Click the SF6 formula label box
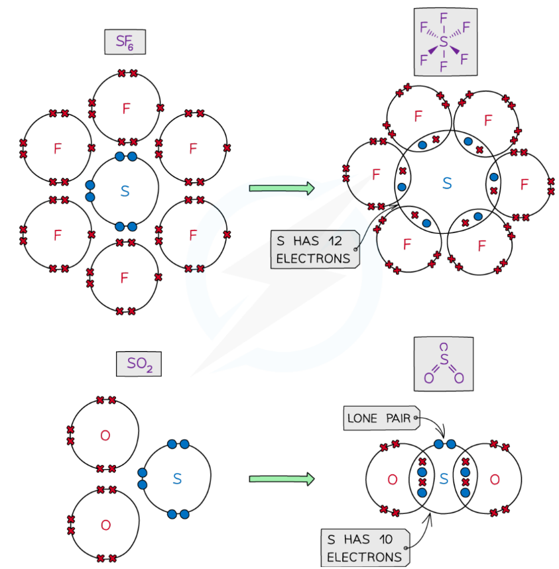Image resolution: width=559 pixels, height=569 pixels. (x=125, y=42)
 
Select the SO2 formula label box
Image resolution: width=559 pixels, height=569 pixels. (x=139, y=364)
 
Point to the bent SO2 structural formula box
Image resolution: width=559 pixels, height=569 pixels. (x=443, y=366)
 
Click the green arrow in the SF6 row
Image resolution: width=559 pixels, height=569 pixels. (x=281, y=188)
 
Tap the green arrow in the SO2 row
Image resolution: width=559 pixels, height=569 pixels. (x=281, y=479)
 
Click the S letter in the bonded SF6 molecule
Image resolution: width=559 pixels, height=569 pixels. (x=446, y=183)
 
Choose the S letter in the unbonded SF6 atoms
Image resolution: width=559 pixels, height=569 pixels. (x=125, y=191)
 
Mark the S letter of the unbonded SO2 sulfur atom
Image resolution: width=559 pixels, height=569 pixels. (x=177, y=478)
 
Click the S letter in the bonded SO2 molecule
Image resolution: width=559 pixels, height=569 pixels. (x=444, y=479)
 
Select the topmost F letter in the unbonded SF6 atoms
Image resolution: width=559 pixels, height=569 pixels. (x=126, y=109)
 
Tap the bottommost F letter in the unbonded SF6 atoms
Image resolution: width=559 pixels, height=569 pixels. (x=124, y=278)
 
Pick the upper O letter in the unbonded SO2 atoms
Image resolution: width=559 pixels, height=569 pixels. (x=105, y=435)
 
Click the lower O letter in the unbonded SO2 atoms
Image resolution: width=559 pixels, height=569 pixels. (x=105, y=525)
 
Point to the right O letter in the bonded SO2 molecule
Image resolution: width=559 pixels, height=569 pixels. (x=495, y=479)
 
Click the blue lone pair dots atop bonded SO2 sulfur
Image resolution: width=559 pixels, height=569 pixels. (x=444, y=443)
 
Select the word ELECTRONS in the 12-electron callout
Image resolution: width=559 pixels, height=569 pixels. (x=312, y=258)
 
